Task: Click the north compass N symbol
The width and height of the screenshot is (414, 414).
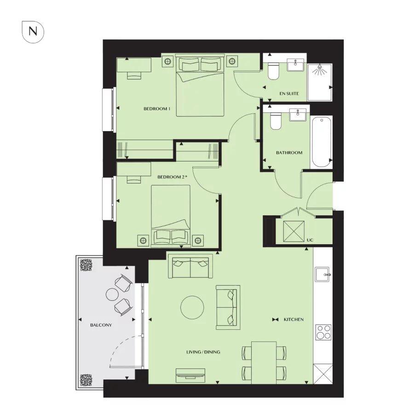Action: [x=33, y=32]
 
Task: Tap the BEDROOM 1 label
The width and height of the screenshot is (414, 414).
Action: [x=157, y=109]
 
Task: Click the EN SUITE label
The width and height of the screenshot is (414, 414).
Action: [x=289, y=94]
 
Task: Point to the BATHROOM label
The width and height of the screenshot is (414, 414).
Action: [x=289, y=153]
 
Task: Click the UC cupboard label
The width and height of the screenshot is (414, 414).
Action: [x=310, y=239]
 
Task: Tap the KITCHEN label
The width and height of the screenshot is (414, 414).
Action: [x=293, y=319]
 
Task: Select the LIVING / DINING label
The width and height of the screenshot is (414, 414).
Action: [x=203, y=352]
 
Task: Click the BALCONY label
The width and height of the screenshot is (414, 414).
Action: [x=101, y=325]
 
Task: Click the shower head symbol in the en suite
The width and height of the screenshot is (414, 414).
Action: [x=318, y=70]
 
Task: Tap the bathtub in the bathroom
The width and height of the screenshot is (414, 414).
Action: [x=321, y=142]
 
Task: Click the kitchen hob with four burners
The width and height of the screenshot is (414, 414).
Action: [x=324, y=332]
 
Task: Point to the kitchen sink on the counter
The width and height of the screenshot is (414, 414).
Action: [x=323, y=274]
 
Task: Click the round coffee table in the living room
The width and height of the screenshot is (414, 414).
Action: [x=192, y=307]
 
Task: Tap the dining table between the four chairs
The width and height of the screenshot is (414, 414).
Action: [x=264, y=362]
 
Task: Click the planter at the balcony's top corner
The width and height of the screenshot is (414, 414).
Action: [x=86, y=265]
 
